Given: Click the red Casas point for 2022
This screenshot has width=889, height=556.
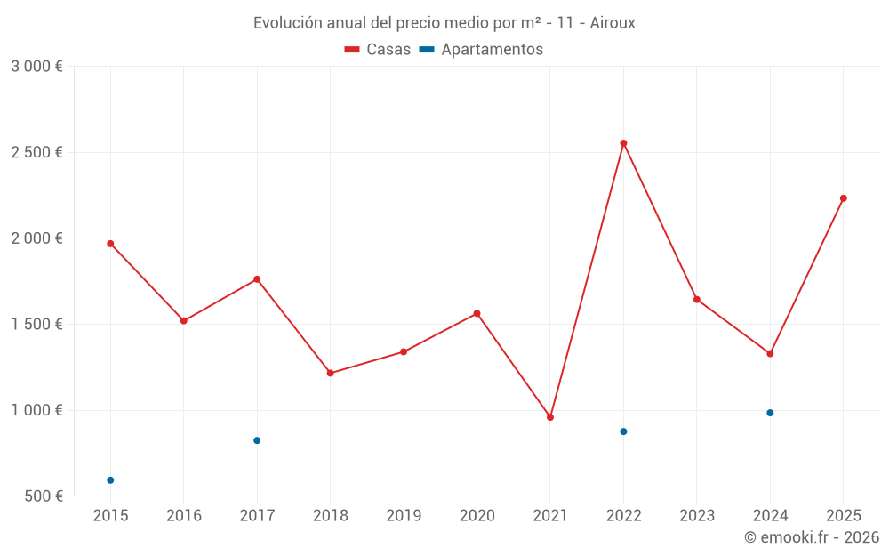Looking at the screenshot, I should coord(623,143).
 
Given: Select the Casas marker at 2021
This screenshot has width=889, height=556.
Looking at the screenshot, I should coord(550,417).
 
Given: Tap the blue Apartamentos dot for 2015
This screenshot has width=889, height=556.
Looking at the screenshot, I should coord(110,480).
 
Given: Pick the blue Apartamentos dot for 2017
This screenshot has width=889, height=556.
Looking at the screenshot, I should coord(257,440).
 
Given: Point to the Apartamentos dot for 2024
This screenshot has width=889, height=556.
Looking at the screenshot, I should coord(770,413).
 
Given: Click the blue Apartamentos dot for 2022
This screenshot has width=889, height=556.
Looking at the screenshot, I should coord(623,431).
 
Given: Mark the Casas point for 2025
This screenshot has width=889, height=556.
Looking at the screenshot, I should coord(844,198).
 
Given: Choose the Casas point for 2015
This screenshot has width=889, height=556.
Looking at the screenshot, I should coord(110,244).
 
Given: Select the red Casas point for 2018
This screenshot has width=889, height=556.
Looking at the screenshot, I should coord(330,374).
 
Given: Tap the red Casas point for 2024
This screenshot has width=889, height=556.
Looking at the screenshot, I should coord(770,354).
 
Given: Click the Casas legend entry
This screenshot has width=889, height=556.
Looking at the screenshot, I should coord(378,50).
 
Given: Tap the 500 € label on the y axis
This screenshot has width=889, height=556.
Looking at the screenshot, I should coord(42,496).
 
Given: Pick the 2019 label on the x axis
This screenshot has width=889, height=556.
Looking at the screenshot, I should coord(404,516).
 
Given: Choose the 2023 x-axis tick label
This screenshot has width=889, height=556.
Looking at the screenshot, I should coord(697,516).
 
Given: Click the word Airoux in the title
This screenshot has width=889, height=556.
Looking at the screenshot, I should coord(613,23).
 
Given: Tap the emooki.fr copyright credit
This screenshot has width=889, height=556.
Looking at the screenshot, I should coord(812,537).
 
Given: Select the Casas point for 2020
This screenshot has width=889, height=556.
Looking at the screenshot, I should coord(477,313).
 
